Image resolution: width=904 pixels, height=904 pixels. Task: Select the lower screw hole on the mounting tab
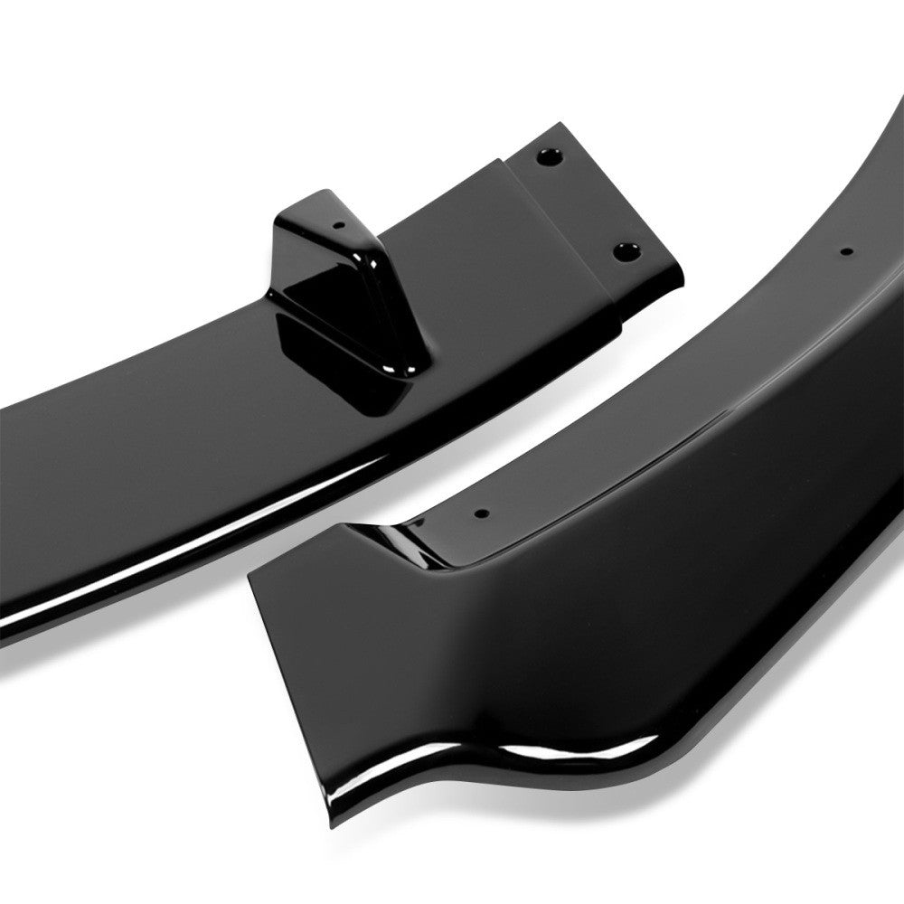(623, 250)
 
